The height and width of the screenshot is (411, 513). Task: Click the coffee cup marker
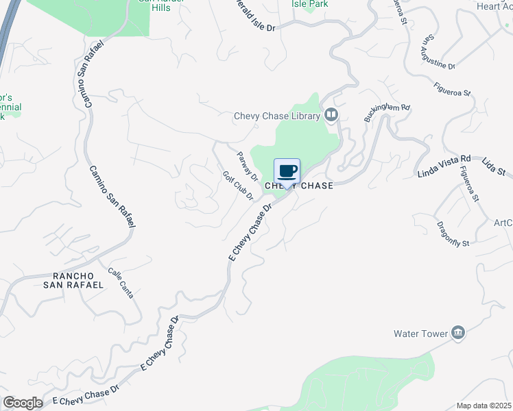click(x=287, y=171)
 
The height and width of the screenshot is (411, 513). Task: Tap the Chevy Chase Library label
click(x=277, y=116)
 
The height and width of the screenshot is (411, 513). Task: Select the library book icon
click(x=332, y=114)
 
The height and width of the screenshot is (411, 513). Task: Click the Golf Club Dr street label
click(x=238, y=185)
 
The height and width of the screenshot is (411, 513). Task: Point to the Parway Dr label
click(x=247, y=166)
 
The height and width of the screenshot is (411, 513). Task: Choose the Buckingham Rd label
click(x=387, y=112)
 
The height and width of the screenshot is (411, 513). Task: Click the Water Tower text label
click(x=420, y=334)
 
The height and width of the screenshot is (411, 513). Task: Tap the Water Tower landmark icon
click(x=458, y=334)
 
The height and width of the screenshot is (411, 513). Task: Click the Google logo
click(x=23, y=403)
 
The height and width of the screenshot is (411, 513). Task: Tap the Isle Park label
click(x=309, y=4)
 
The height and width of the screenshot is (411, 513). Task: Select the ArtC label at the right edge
click(x=503, y=223)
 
